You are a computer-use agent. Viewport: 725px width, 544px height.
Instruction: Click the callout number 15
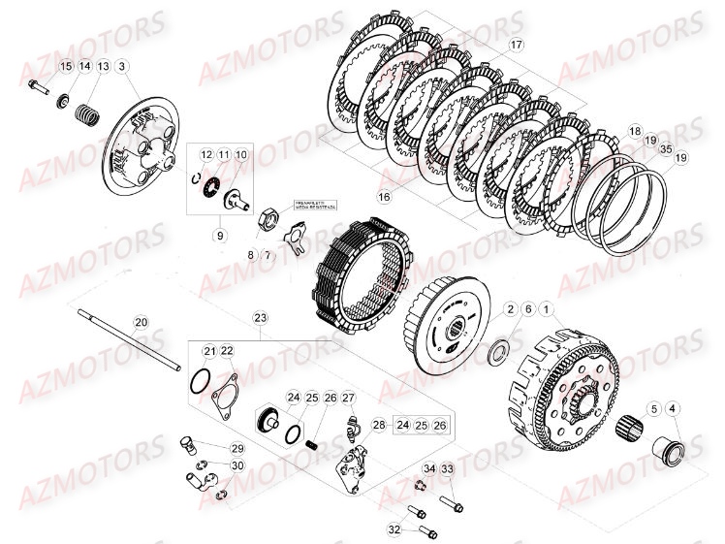coord(66,66)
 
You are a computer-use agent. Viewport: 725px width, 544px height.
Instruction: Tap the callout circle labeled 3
coord(122,66)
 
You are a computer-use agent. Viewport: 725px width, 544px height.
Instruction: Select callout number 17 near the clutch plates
coord(516,45)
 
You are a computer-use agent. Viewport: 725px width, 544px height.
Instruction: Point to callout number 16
coord(384,197)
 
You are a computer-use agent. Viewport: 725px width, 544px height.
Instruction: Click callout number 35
coord(666,149)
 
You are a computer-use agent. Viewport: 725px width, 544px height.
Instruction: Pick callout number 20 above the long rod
coord(141,323)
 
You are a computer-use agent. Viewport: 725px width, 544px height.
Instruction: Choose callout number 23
coord(260,318)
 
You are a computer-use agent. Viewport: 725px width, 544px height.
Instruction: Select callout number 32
coord(394,529)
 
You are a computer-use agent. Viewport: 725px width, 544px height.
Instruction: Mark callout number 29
coord(237,448)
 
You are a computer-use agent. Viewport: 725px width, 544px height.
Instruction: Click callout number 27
coord(348,398)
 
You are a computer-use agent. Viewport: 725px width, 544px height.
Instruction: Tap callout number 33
coord(447,470)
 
